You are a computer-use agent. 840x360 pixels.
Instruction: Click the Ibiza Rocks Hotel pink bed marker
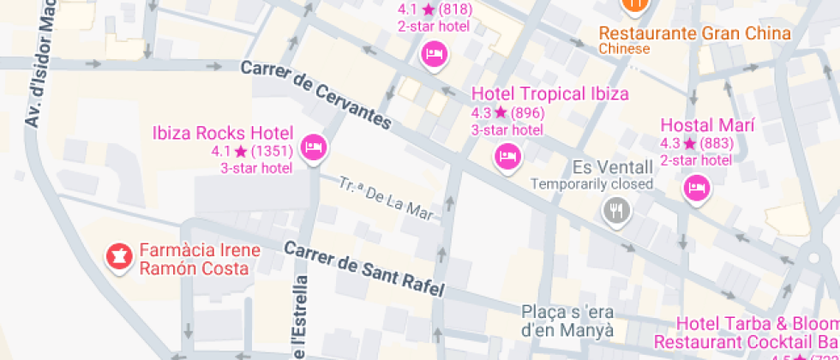click(315, 147)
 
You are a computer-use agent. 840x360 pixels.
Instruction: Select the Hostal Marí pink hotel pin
click(697, 188)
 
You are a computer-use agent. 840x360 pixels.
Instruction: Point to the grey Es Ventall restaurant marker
click(615, 210)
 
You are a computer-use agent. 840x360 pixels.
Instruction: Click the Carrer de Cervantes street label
click(315, 95)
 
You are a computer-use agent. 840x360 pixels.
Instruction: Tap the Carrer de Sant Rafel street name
click(364, 269)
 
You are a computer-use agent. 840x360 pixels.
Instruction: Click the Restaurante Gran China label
click(694, 33)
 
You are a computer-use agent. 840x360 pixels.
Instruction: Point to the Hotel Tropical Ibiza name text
click(550, 93)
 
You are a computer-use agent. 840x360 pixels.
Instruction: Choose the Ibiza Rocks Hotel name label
click(223, 133)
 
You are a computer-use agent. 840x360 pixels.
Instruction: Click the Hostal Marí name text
click(707, 124)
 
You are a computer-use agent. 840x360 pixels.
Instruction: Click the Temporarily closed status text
click(591, 183)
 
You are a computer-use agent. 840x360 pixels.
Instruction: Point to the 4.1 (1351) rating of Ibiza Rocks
click(252, 151)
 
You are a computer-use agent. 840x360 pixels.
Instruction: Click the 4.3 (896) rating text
click(507, 112)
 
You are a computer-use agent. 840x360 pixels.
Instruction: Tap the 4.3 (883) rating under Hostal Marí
click(696, 143)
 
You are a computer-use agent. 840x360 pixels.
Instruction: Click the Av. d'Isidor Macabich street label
click(41, 64)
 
